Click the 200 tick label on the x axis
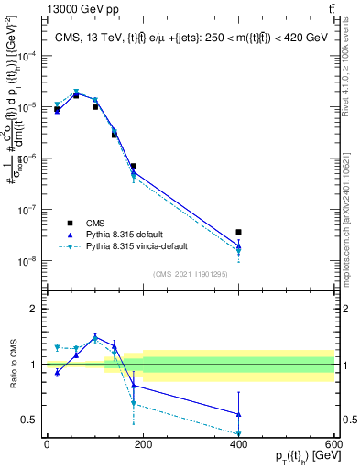(142, 444)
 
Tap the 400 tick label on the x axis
(238, 444)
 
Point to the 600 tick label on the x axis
(333, 444)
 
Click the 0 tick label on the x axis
(47, 444)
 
